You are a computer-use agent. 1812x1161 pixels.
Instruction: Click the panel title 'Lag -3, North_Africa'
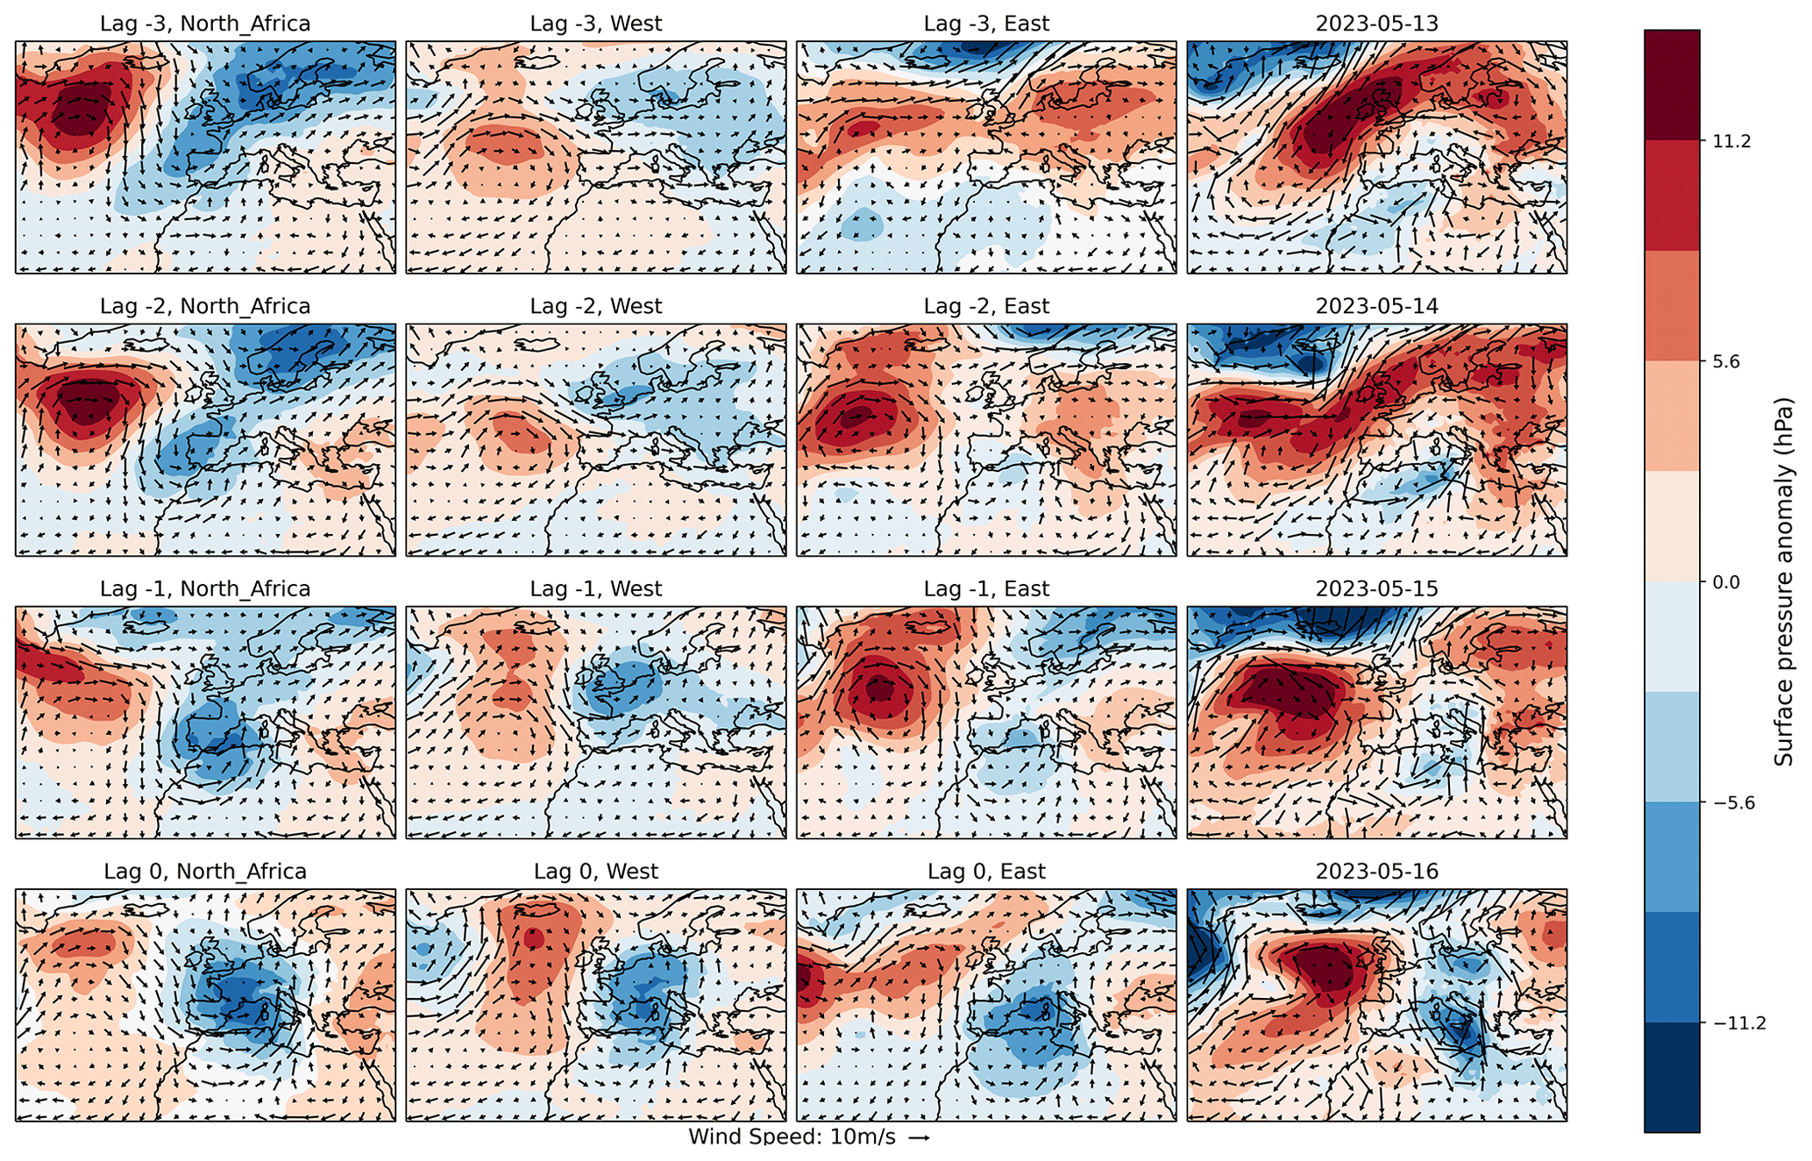click(205, 24)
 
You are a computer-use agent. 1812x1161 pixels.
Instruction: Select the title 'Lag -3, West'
click(596, 24)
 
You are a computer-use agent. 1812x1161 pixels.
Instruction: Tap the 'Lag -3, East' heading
click(986, 24)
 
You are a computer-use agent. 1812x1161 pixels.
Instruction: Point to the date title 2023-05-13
click(1377, 24)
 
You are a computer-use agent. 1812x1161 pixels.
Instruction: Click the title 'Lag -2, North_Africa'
click(205, 306)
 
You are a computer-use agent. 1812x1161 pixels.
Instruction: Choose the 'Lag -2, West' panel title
click(596, 306)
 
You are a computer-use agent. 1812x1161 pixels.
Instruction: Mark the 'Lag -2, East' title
click(986, 306)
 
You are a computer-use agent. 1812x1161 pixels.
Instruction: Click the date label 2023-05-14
click(1377, 306)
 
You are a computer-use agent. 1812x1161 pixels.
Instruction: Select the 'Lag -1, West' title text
click(596, 588)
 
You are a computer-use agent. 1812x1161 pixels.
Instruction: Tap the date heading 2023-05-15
click(1377, 588)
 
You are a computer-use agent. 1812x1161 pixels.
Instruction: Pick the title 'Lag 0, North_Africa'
click(205, 872)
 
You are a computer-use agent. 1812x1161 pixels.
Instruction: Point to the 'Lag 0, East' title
click(986, 872)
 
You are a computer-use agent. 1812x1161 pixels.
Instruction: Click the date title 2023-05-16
click(1377, 872)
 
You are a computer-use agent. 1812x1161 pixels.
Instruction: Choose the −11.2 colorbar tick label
click(1736, 1023)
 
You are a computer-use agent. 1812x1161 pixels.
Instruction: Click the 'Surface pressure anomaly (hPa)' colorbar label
click(1784, 581)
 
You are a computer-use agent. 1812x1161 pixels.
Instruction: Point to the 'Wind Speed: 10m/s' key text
click(792, 1137)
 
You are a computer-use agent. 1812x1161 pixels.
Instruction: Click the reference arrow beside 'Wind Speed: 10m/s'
click(918, 1138)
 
